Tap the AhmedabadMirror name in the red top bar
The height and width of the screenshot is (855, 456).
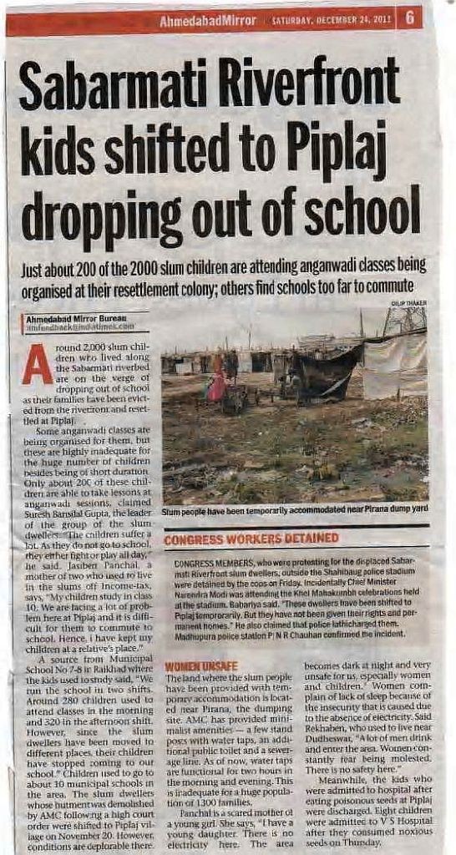208,19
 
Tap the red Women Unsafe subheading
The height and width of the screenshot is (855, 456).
190,665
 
